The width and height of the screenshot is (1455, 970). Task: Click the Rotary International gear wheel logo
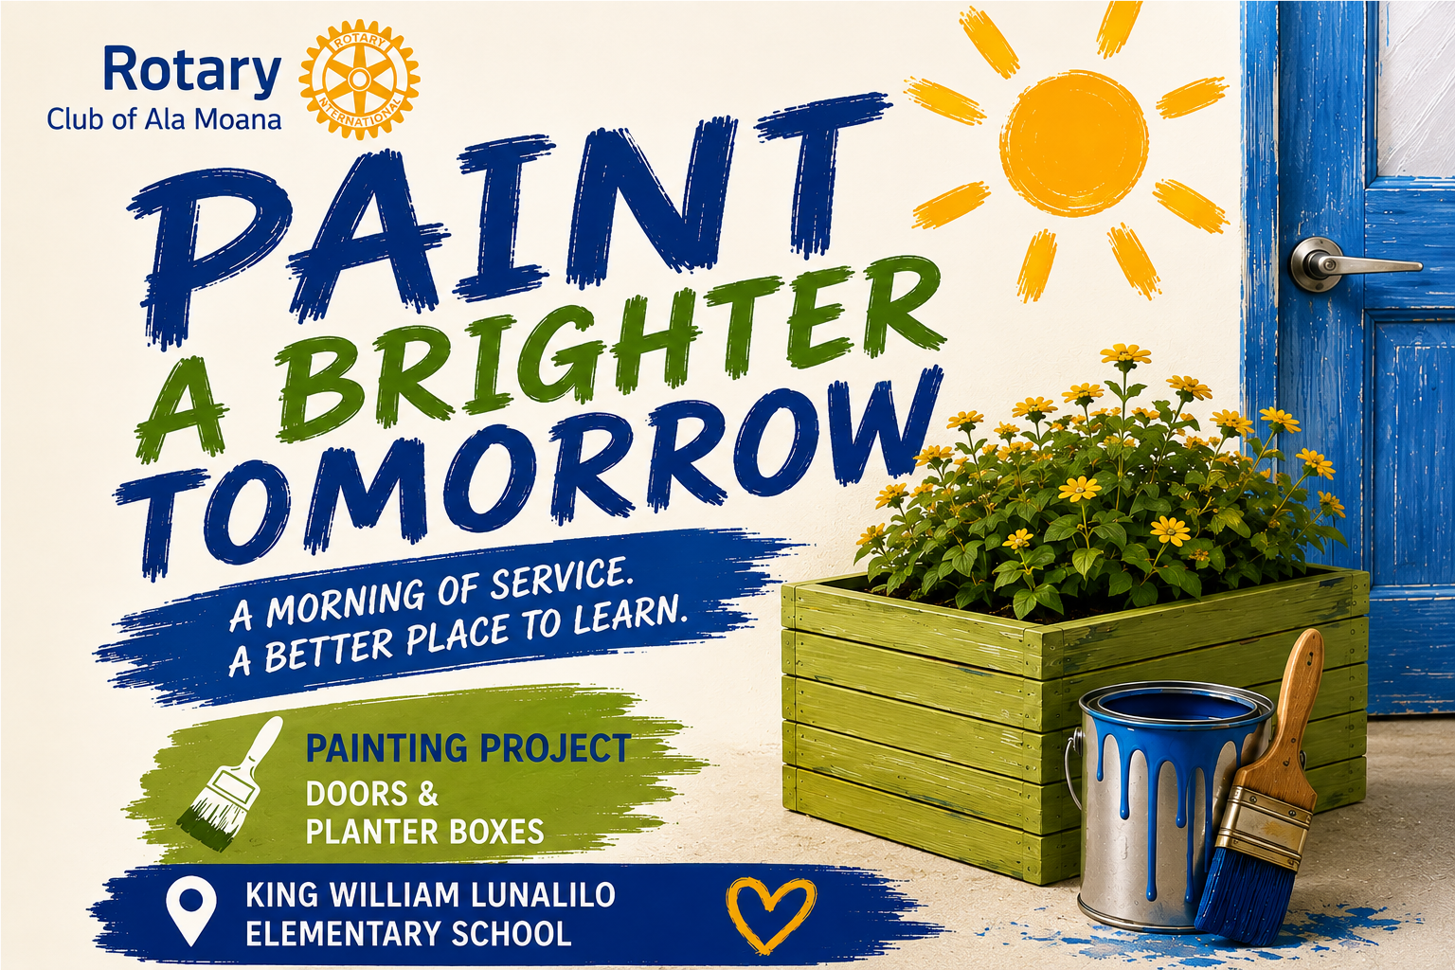tap(359, 79)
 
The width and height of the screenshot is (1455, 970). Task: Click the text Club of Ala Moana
tap(164, 119)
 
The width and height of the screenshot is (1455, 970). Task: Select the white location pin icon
tap(190, 910)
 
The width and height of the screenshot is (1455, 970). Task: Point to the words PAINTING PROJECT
tap(467, 747)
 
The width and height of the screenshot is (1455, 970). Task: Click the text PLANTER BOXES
tap(424, 831)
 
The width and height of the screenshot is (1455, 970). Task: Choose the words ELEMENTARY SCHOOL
tap(408, 934)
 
